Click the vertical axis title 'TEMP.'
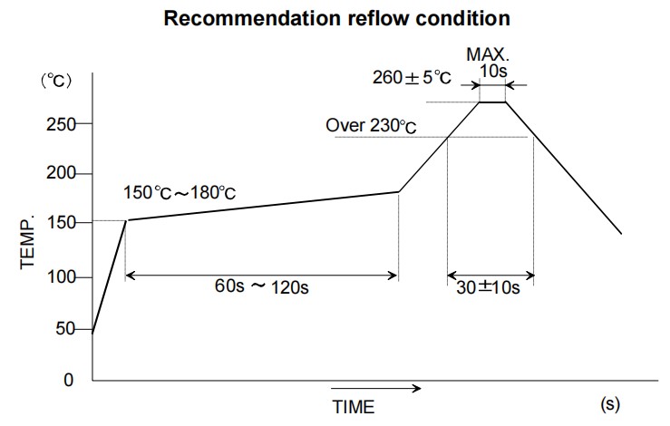(x=26, y=242)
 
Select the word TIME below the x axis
(x=353, y=405)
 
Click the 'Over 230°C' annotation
(x=371, y=125)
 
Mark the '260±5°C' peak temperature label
(x=411, y=77)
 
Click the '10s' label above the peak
(x=491, y=71)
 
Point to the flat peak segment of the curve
(x=492, y=102)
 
